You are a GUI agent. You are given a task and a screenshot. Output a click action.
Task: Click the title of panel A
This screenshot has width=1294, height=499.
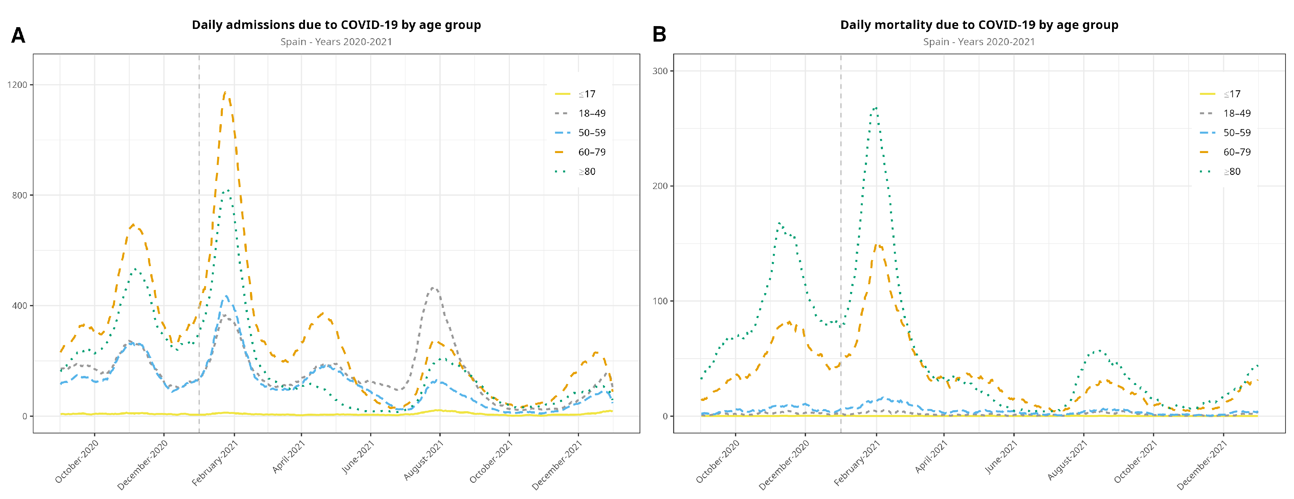[336, 25]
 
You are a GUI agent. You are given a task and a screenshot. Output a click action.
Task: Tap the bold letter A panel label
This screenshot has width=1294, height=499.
[18, 35]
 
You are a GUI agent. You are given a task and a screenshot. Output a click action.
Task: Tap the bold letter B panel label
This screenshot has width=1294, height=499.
[659, 34]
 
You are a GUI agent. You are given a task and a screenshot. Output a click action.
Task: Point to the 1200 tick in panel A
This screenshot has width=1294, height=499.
[17, 84]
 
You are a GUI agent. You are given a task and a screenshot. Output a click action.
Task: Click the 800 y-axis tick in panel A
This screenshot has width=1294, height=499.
[19, 195]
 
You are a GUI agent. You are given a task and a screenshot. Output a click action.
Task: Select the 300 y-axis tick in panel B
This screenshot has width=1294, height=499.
[660, 71]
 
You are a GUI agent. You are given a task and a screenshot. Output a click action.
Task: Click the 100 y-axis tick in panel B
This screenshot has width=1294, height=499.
[660, 301]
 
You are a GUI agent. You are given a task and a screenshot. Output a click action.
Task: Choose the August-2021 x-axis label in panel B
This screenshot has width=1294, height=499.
[1067, 460]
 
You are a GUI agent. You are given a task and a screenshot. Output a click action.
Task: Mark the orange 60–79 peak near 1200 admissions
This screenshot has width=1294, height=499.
[226, 92]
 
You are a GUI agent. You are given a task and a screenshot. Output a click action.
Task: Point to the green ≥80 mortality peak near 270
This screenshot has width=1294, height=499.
[875, 108]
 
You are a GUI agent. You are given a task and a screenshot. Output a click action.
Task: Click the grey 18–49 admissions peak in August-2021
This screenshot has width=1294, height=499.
[434, 288]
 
